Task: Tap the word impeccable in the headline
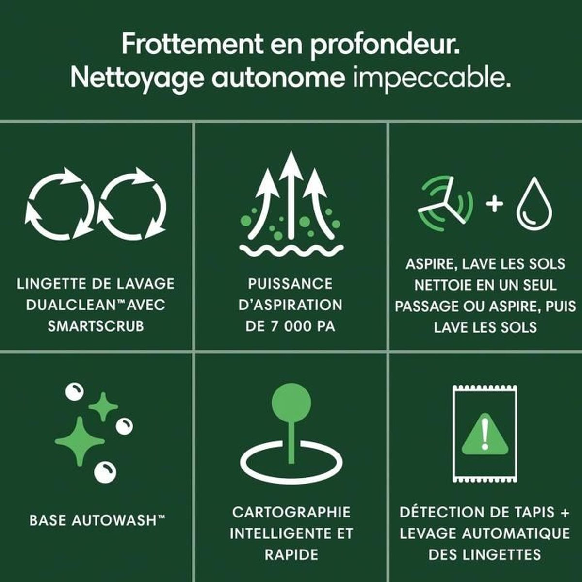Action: point(432,78)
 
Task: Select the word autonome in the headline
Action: point(278,79)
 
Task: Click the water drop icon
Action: point(534,202)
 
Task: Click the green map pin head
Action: point(291,403)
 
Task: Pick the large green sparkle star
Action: point(80,441)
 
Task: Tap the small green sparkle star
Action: point(103,407)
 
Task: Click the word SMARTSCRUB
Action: point(96,326)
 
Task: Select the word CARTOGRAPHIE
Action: point(291,512)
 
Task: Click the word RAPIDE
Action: point(291,555)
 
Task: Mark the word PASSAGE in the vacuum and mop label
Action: point(427,306)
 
